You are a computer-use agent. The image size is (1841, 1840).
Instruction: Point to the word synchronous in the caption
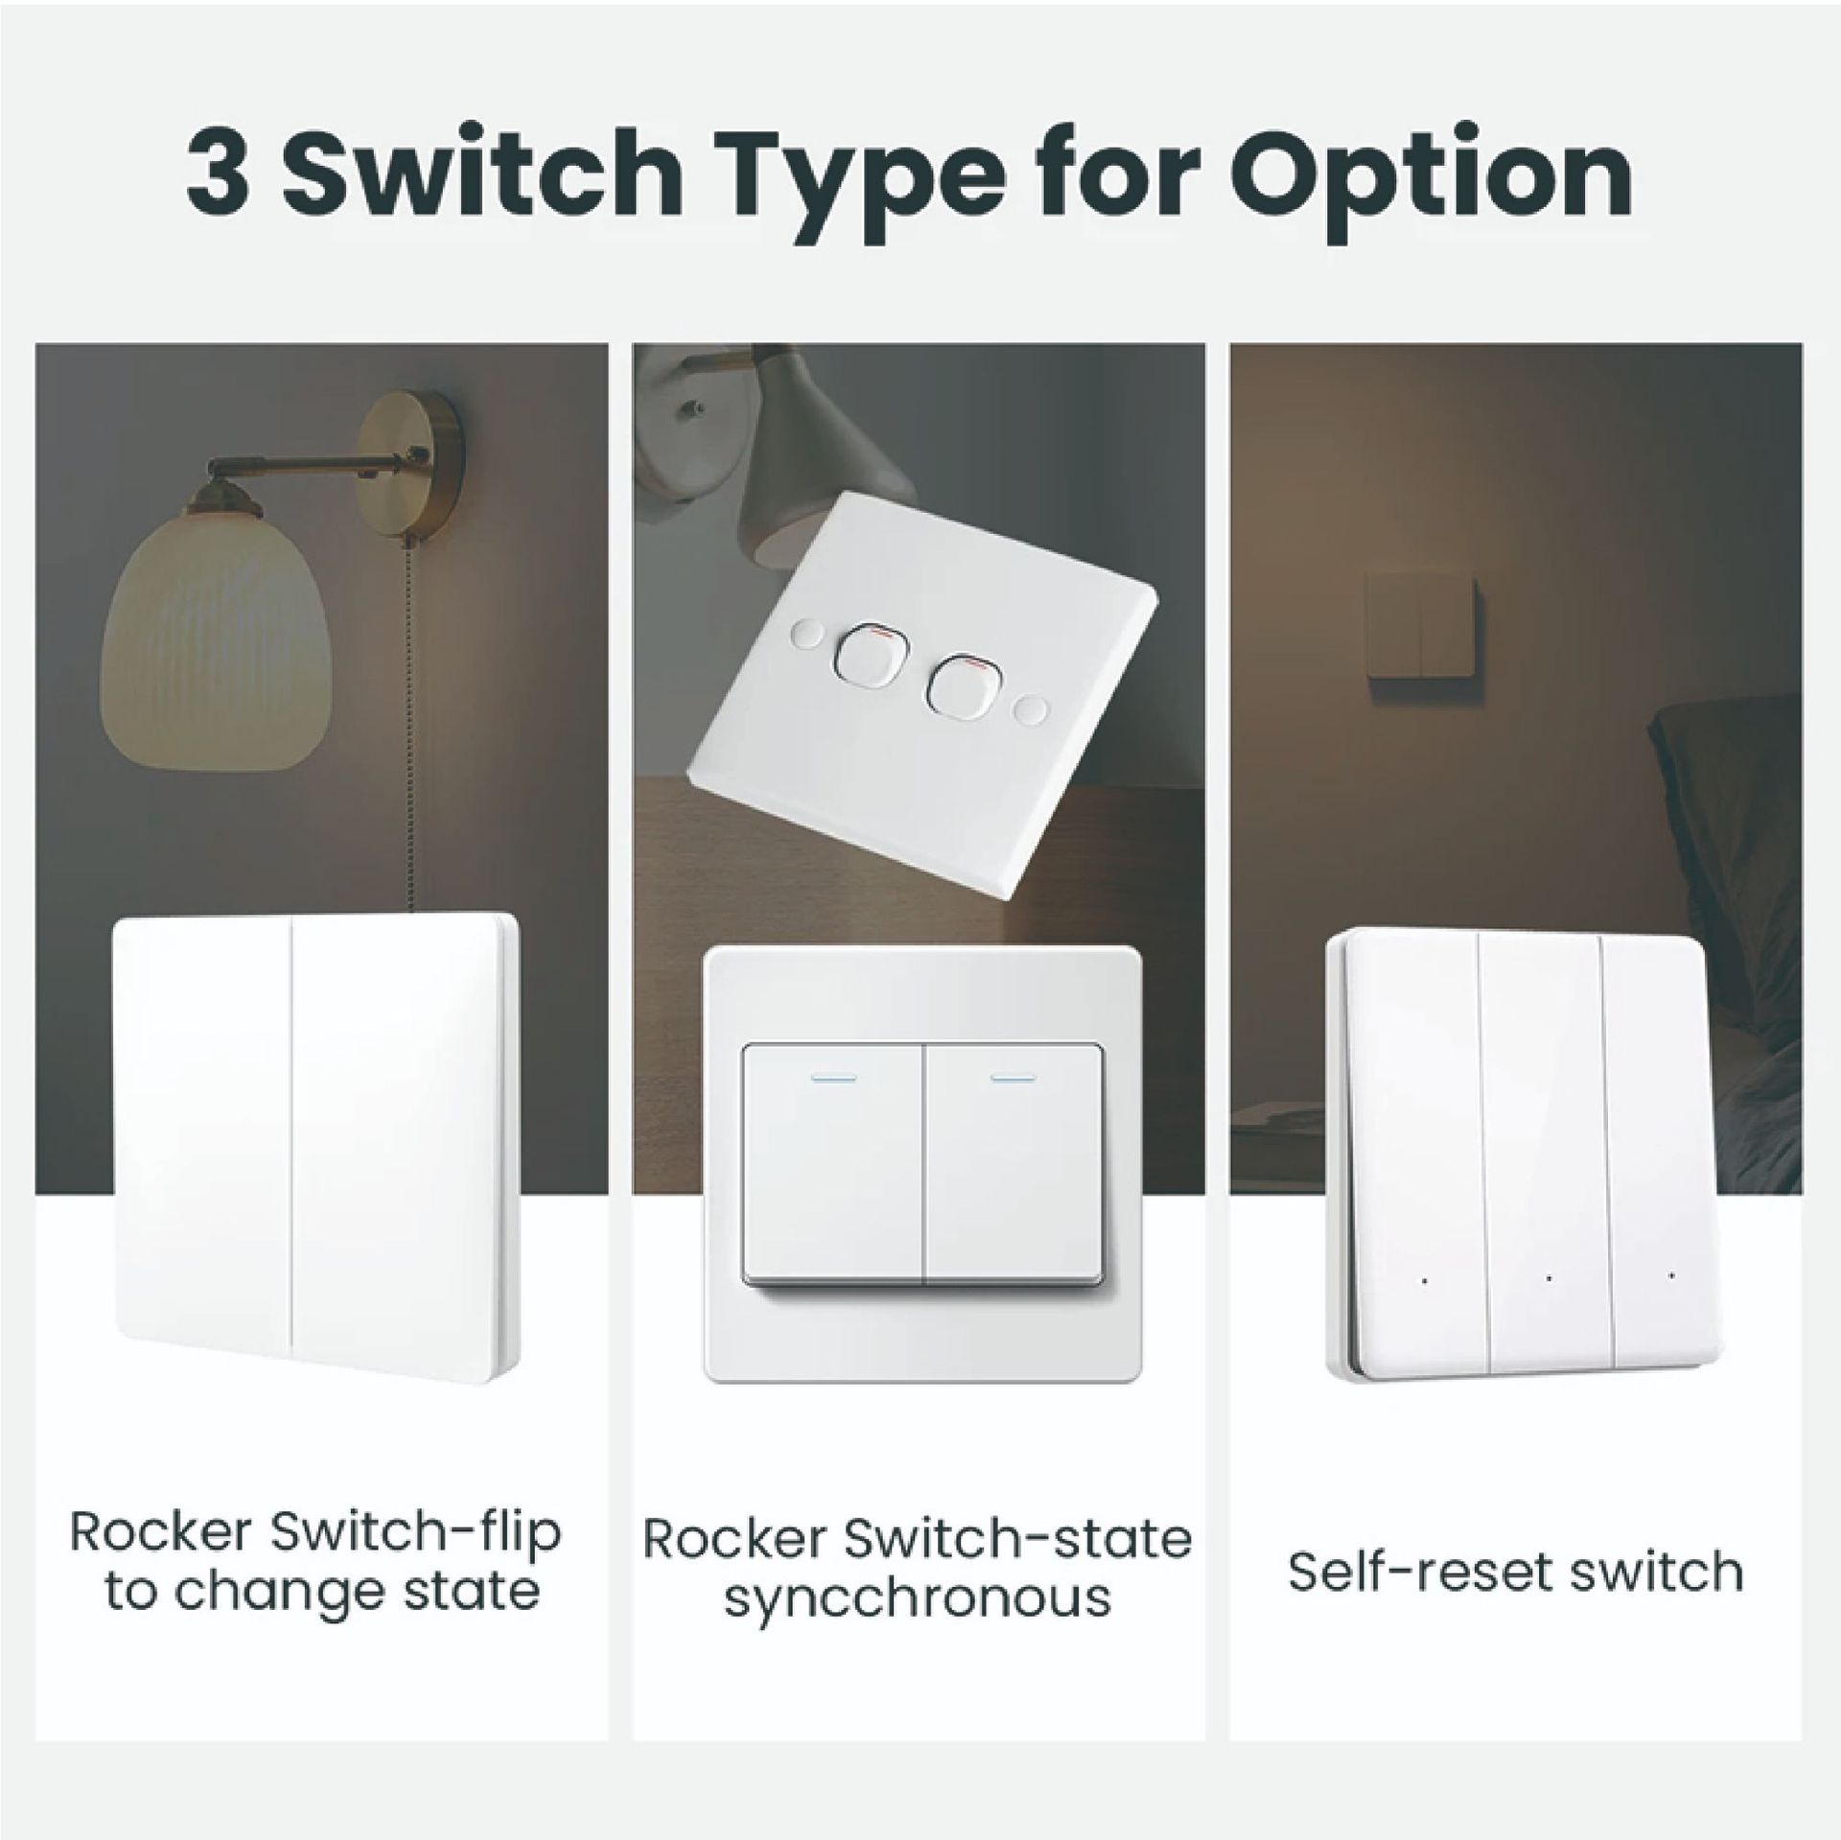click(917, 1595)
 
